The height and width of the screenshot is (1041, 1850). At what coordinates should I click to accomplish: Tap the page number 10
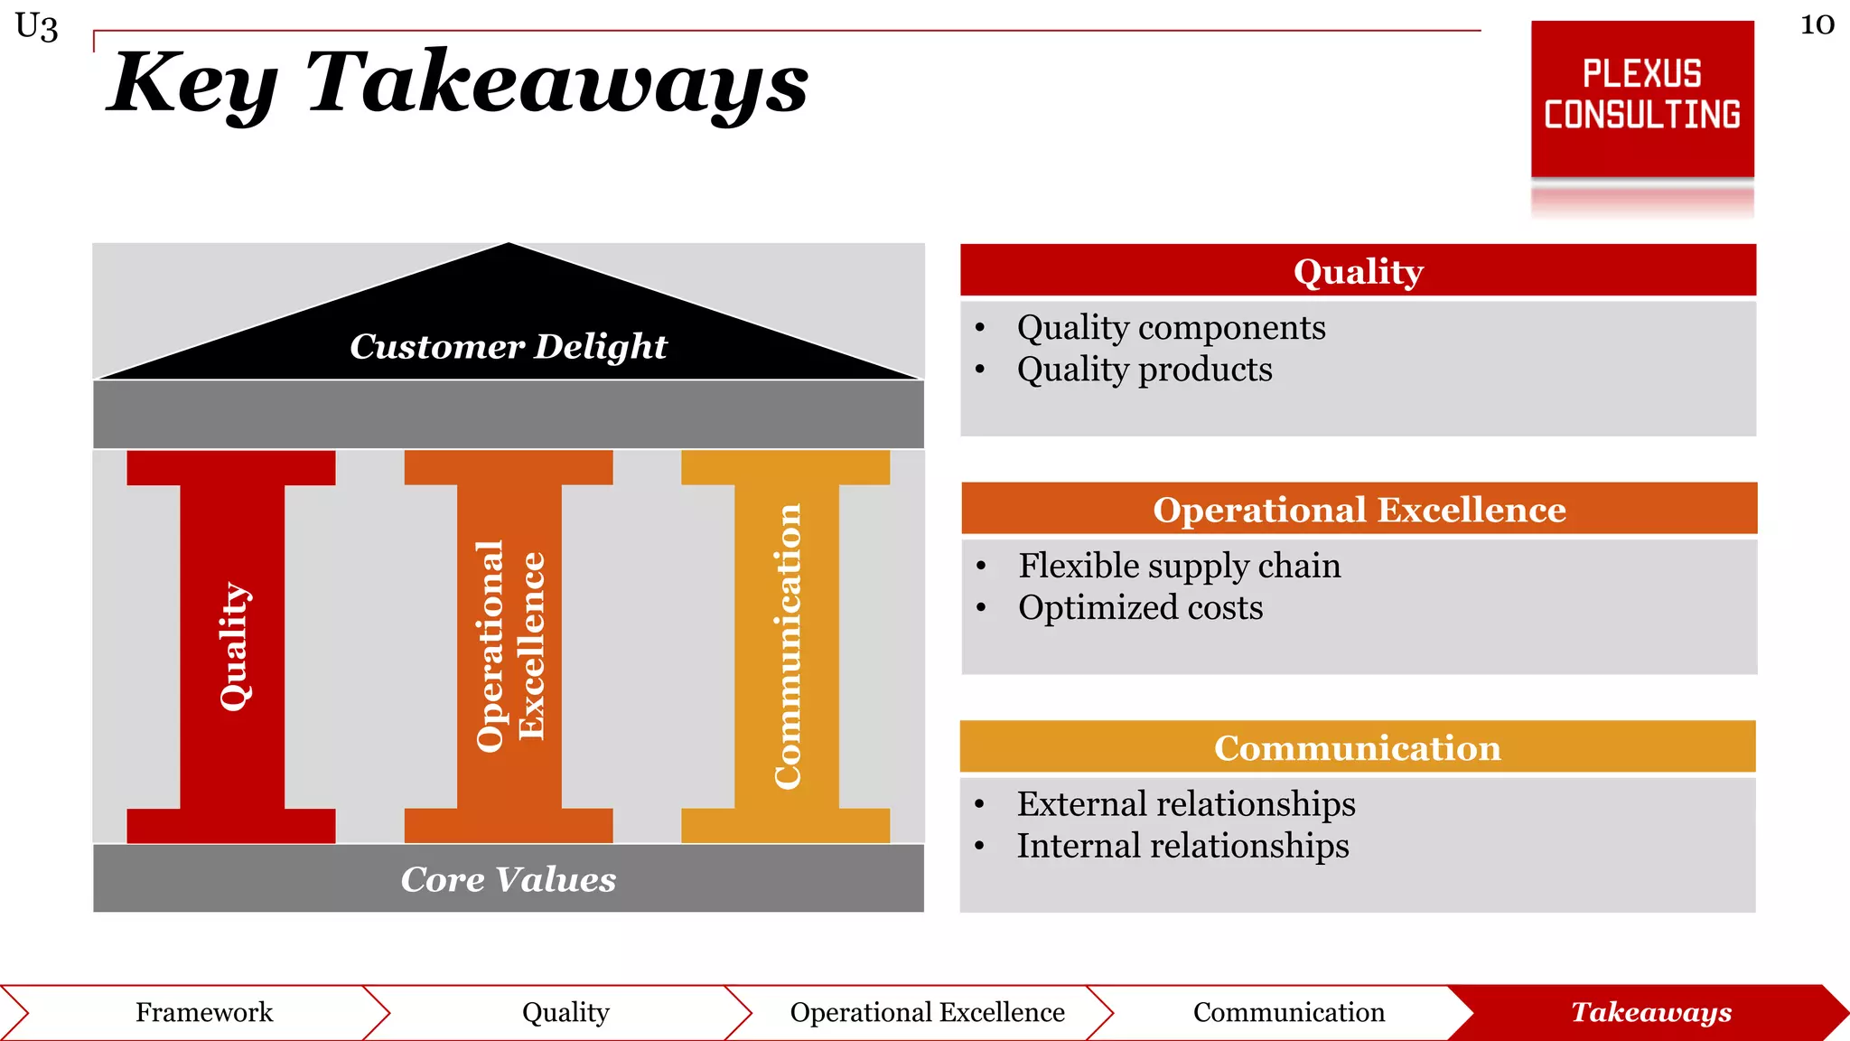pyautogui.click(x=1817, y=24)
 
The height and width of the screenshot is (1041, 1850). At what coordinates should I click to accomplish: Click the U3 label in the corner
pyautogui.click(x=37, y=26)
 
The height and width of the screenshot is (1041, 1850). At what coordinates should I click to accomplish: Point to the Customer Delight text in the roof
pyautogui.click(x=508, y=346)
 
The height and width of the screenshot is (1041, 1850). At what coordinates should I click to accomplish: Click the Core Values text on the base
pyautogui.click(x=508, y=879)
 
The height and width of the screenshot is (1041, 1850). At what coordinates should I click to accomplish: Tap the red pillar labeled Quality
pyautogui.click(x=233, y=645)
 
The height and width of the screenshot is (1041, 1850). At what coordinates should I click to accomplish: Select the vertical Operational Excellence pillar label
pyautogui.click(x=509, y=645)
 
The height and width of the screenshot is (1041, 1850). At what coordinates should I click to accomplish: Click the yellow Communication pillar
pyautogui.click(x=787, y=645)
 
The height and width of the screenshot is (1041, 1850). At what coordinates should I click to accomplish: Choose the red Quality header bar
pyautogui.click(x=1358, y=270)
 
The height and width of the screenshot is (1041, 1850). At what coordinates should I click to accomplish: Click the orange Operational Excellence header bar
pyautogui.click(x=1359, y=509)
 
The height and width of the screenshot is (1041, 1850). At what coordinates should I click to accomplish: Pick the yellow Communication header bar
pyautogui.click(x=1357, y=747)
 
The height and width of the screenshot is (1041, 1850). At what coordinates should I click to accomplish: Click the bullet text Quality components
pyautogui.click(x=1171, y=327)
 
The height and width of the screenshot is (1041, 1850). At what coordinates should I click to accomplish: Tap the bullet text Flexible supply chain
pyautogui.click(x=1179, y=566)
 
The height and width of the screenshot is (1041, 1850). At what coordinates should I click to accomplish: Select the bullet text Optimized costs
pyautogui.click(x=1140, y=607)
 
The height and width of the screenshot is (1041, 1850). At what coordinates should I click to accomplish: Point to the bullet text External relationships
pyautogui.click(x=1185, y=803)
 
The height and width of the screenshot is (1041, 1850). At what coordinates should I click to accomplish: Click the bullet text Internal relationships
pyautogui.click(x=1182, y=846)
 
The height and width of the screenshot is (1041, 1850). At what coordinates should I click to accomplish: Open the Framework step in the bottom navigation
pyautogui.click(x=204, y=1012)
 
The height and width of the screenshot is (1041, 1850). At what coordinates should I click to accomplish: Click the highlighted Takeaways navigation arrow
pyautogui.click(x=1650, y=1012)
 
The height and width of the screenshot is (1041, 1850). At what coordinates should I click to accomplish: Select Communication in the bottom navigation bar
pyautogui.click(x=1288, y=1012)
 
